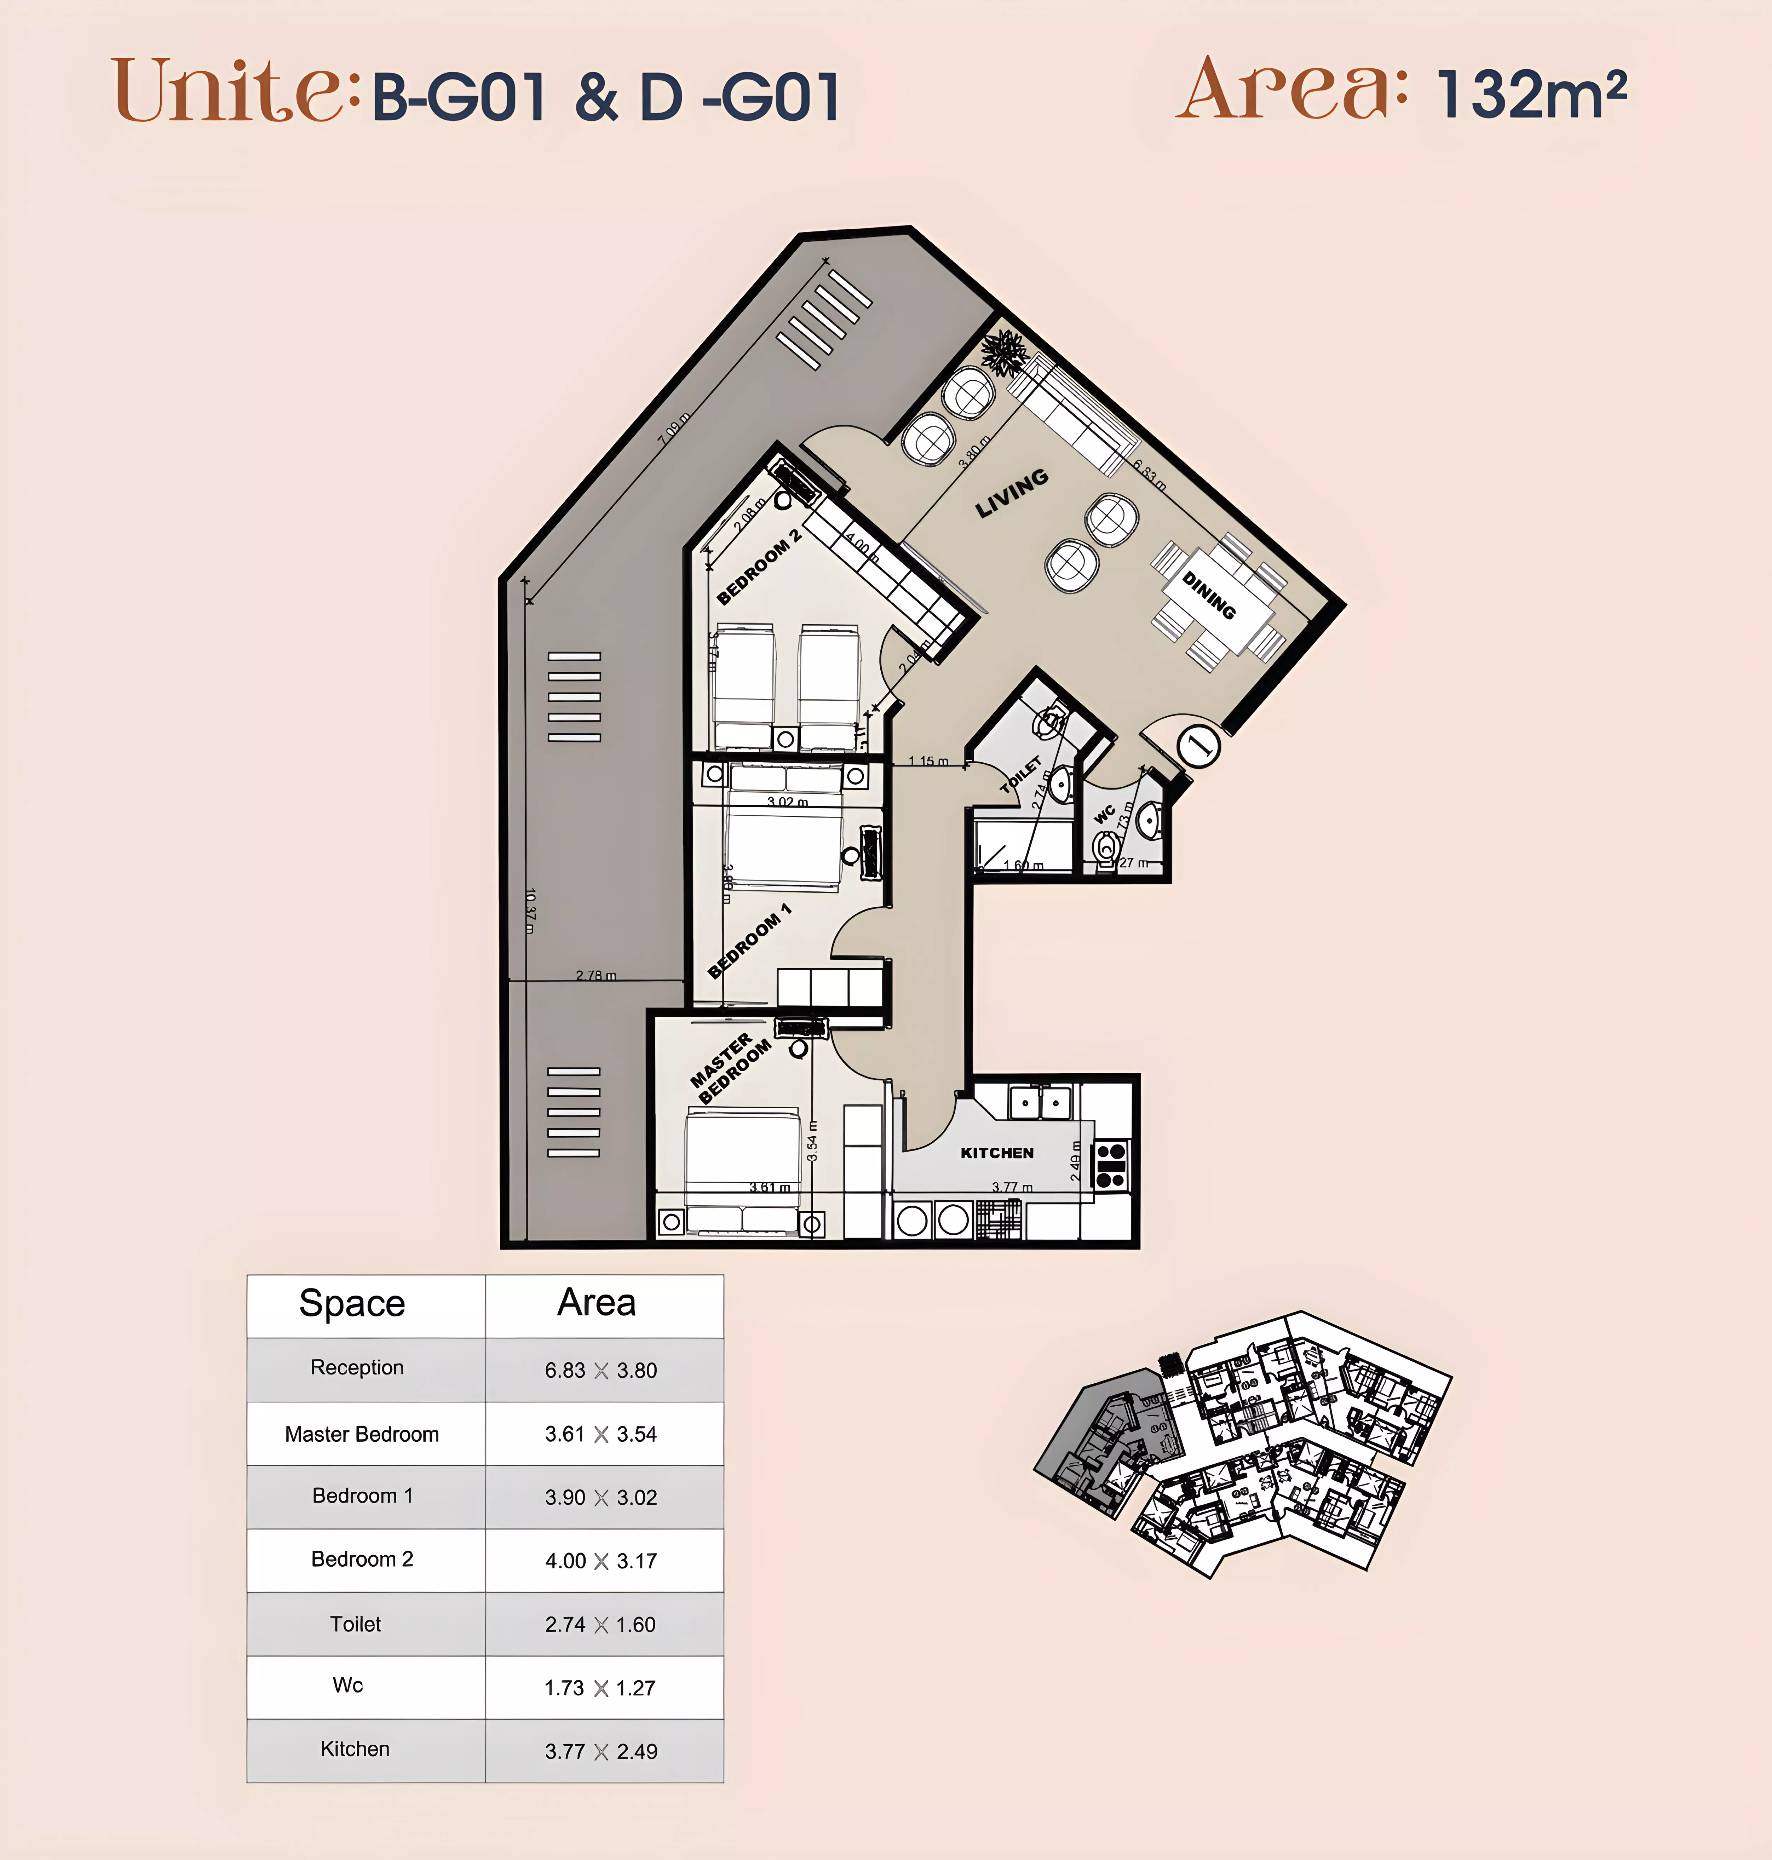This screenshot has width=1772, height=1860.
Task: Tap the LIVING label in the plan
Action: tap(1012, 493)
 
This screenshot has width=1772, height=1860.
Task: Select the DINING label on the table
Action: tap(1209, 595)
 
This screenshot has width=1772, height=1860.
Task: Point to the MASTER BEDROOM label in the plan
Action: tap(729, 1068)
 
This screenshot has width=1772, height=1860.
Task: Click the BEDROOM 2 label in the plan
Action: tap(759, 567)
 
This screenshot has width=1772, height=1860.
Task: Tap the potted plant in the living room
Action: tap(1003, 352)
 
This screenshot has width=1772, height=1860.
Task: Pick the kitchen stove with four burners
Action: tap(1111, 1165)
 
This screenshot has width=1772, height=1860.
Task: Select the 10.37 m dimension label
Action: tap(530, 911)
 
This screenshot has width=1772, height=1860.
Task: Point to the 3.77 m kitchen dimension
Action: tap(1012, 1187)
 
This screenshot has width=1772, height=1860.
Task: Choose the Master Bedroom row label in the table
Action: tap(362, 1434)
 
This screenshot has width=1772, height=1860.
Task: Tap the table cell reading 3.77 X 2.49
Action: tap(601, 1751)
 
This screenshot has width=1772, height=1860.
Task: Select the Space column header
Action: tap(352, 1304)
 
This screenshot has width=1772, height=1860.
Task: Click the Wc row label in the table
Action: tap(347, 1685)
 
